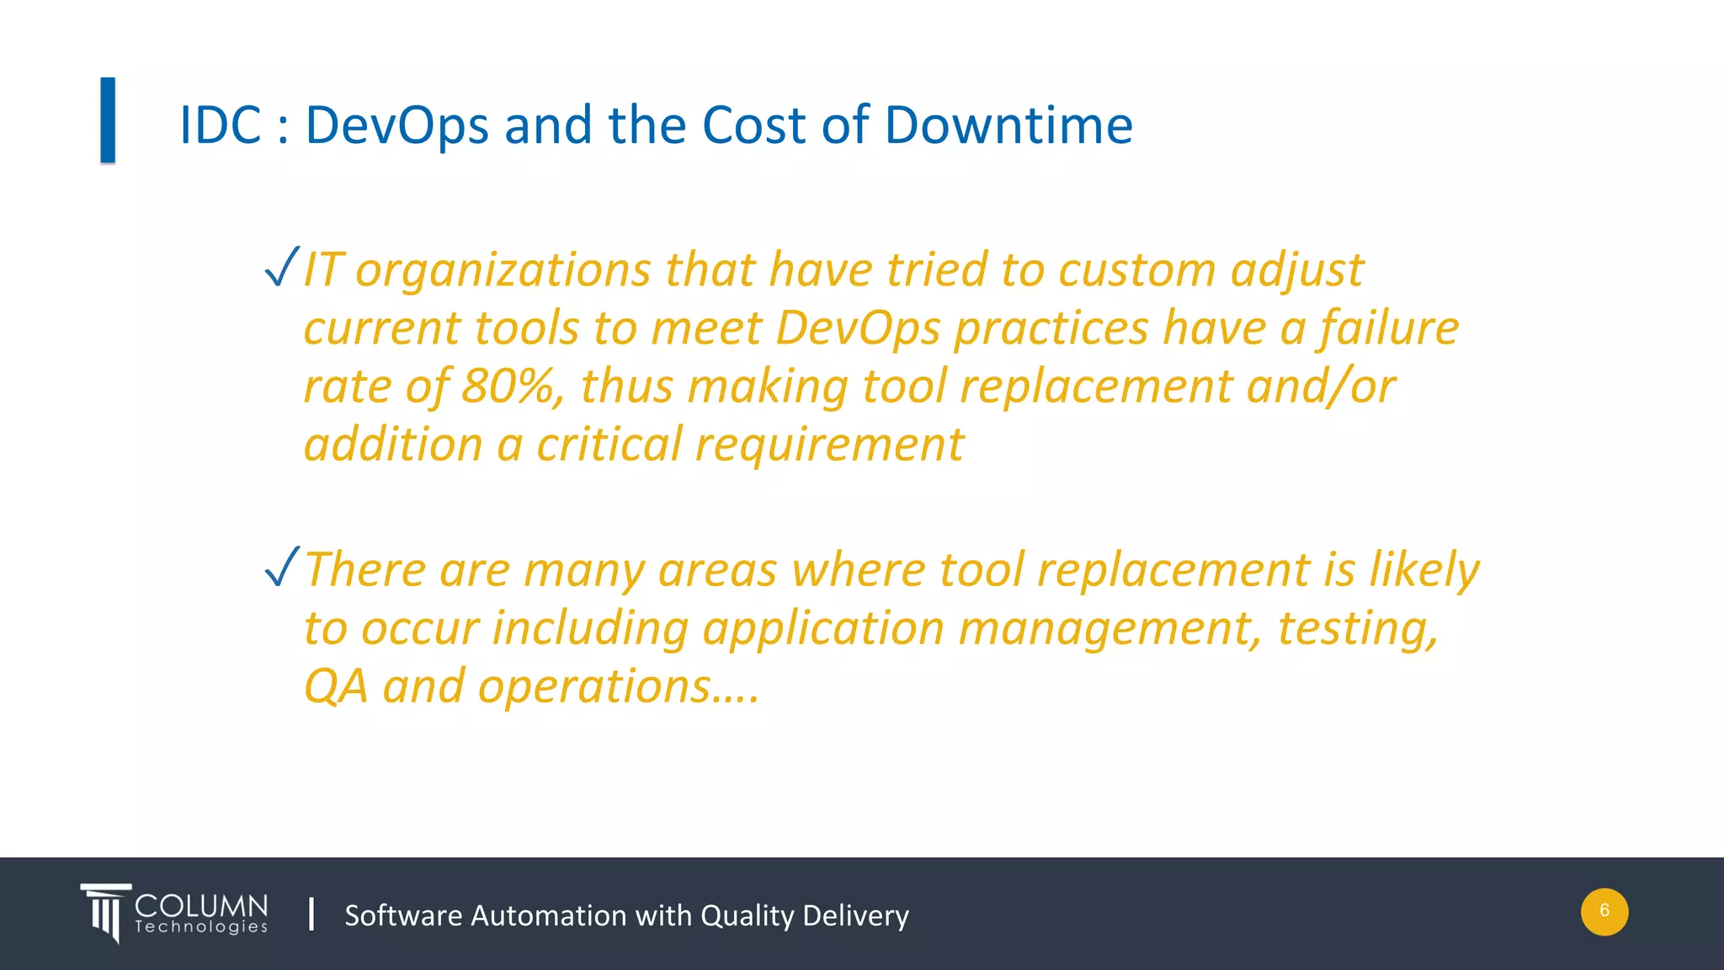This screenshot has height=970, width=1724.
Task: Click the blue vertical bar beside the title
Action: pyautogui.click(x=108, y=120)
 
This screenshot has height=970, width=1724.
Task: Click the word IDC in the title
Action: pyautogui.click(x=221, y=125)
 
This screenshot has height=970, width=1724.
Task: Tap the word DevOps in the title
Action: pyautogui.click(x=396, y=125)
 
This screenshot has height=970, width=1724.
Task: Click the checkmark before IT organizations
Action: pyautogui.click(x=281, y=267)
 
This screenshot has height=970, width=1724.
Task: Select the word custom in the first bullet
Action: pyautogui.click(x=1136, y=270)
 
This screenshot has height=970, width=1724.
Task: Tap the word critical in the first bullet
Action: pyautogui.click(x=609, y=445)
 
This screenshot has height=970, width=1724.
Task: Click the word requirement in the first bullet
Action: pyautogui.click(x=829, y=446)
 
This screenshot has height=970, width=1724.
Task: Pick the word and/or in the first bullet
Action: pyautogui.click(x=1320, y=386)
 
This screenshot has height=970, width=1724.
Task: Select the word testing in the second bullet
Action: pyautogui.click(x=1357, y=629)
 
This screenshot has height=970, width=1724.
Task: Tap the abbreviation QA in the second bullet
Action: pyautogui.click(x=336, y=687)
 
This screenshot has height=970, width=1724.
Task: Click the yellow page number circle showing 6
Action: pyautogui.click(x=1604, y=911)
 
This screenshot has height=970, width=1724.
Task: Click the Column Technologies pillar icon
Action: pyautogui.click(x=105, y=912)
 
